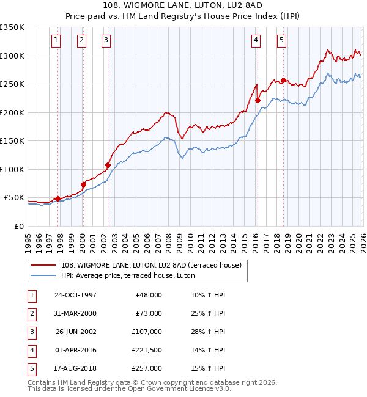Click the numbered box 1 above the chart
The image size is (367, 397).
click(56, 41)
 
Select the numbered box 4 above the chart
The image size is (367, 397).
click(256, 41)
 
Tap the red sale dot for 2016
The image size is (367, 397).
click(258, 101)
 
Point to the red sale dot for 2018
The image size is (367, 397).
click(284, 81)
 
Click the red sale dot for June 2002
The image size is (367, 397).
click(108, 165)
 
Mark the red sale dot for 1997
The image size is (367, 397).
click(57, 198)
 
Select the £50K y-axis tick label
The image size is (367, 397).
click(13, 198)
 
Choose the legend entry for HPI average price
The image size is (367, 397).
click(127, 275)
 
